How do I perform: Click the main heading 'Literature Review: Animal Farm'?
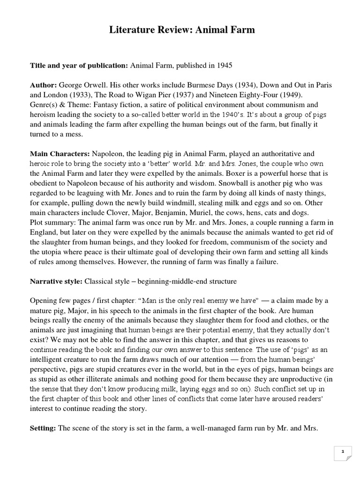click(x=182, y=30)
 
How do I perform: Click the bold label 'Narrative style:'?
click(x=56, y=281)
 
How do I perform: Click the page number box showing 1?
click(x=343, y=452)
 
